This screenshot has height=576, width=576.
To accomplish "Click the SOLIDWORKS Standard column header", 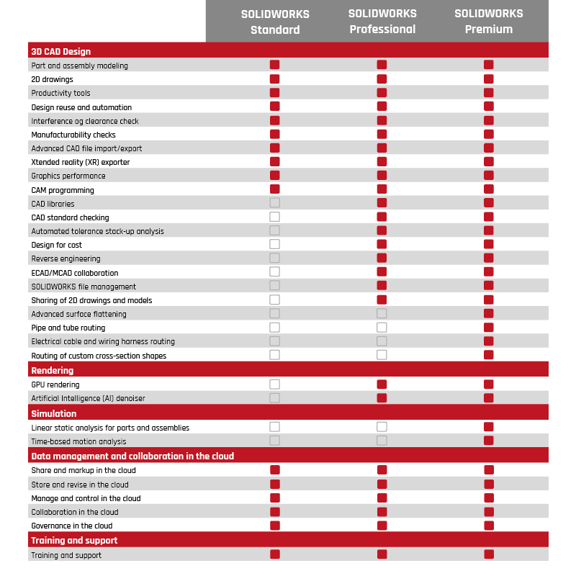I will pyautogui.click(x=275, y=22).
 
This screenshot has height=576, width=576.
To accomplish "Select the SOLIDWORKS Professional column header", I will pyautogui.click(x=382, y=22).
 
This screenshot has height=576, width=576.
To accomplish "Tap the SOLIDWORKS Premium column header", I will pyautogui.click(x=489, y=22).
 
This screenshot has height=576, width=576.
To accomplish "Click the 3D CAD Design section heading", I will pyautogui.click(x=61, y=52).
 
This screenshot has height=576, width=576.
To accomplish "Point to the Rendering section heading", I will pyautogui.click(x=52, y=371).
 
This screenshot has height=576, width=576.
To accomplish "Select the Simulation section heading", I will pyautogui.click(x=53, y=414).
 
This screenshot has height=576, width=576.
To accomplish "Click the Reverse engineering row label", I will pyautogui.click(x=66, y=258).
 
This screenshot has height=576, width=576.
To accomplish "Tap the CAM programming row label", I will pyautogui.click(x=63, y=190).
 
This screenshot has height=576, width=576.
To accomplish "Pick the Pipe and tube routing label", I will pyautogui.click(x=68, y=328).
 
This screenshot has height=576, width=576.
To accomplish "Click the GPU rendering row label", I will pyautogui.click(x=55, y=384).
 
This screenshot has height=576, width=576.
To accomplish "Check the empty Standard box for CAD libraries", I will pyautogui.click(x=274, y=203).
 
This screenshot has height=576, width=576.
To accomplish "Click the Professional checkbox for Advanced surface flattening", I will pyautogui.click(x=382, y=313).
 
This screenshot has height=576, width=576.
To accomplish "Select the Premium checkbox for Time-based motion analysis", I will pyautogui.click(x=489, y=441).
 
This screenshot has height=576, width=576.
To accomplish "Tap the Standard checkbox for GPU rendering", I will pyautogui.click(x=274, y=384).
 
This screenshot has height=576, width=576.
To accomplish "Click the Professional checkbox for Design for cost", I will pyautogui.click(x=382, y=245).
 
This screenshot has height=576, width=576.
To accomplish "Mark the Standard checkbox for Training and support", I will pyautogui.click(x=274, y=554).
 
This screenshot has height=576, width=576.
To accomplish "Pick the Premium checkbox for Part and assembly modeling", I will pyautogui.click(x=489, y=65).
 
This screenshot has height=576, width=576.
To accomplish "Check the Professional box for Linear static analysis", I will pyautogui.click(x=382, y=427).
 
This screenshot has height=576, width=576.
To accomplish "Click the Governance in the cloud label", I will pyautogui.click(x=72, y=526).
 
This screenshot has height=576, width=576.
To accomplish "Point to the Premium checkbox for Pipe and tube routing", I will pyautogui.click(x=489, y=328).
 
